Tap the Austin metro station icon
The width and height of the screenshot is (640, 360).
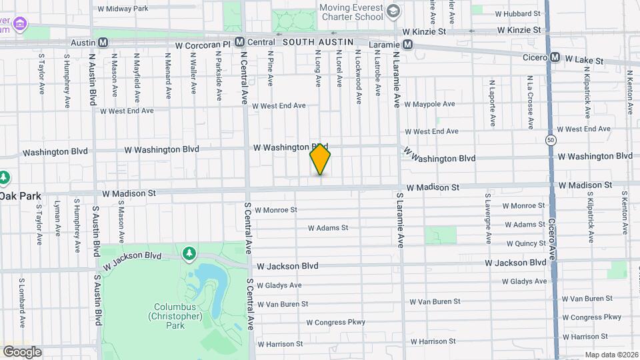pos(103,42)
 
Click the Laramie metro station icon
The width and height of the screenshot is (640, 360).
pos(407,45)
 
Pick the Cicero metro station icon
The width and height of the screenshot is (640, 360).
pos(555,57)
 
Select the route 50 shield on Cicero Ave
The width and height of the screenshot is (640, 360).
pos(550,140)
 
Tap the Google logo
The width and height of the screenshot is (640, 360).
pos(22,351)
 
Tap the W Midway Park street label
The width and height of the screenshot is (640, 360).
pos(123,9)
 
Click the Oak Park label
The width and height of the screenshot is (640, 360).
pos(20,196)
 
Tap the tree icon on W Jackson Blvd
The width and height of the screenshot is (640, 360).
pos(190,253)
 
